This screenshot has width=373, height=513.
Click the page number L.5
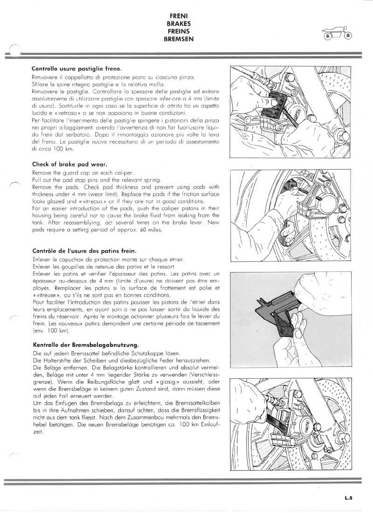point(349,498)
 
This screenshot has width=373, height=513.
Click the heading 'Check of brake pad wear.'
point(63,164)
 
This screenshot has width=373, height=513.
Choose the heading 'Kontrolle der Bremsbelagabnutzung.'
point(85,345)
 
